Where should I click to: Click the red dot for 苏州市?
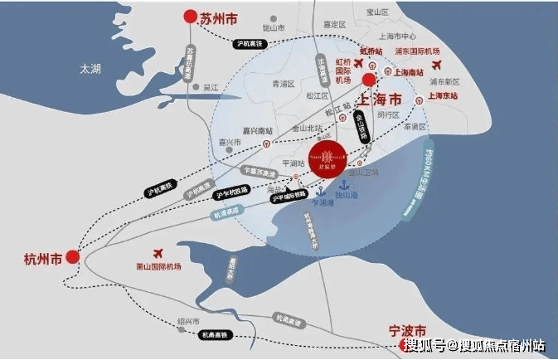[x=190, y=16]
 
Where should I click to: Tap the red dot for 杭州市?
[x=73, y=257]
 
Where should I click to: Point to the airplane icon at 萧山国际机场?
[x=156, y=252]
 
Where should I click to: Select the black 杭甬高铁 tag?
[x=214, y=334]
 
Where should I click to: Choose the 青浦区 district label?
[x=284, y=84]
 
